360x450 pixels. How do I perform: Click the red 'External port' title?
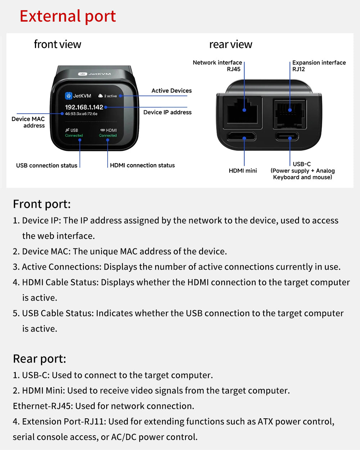[x=68, y=16]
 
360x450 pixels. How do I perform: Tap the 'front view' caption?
[x=58, y=44]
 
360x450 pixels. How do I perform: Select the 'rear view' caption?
[x=231, y=44]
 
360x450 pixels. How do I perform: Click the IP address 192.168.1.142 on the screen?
[x=84, y=107]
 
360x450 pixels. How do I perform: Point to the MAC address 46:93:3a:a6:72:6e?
[x=81, y=114]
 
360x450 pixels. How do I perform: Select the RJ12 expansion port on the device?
[x=290, y=113]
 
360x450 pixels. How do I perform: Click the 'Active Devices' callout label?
[x=171, y=91]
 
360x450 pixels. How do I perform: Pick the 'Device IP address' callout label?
[x=167, y=112]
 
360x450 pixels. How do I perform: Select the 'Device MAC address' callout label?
[x=28, y=122]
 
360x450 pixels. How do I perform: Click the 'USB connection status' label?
[x=47, y=166]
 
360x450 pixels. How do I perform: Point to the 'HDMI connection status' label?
[x=142, y=165]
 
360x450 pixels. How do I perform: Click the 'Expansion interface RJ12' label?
[x=319, y=66]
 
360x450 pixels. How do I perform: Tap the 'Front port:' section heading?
[x=42, y=204]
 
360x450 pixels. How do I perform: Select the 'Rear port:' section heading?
[x=40, y=359]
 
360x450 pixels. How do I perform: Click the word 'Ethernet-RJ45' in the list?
[x=43, y=406]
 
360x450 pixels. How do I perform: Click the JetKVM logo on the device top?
[x=95, y=74]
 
